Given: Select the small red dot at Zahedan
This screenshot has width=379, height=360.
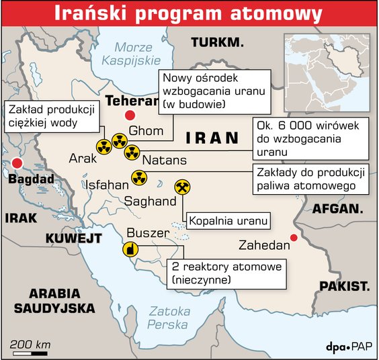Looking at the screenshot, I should point(293,236).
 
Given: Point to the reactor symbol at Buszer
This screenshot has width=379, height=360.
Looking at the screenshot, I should point(130,250).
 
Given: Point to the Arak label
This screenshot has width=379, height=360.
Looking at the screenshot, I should point(83,158).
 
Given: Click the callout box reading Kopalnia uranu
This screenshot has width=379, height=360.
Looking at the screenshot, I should point(228,220).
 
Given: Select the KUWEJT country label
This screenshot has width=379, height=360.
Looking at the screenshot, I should point(73,238).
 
